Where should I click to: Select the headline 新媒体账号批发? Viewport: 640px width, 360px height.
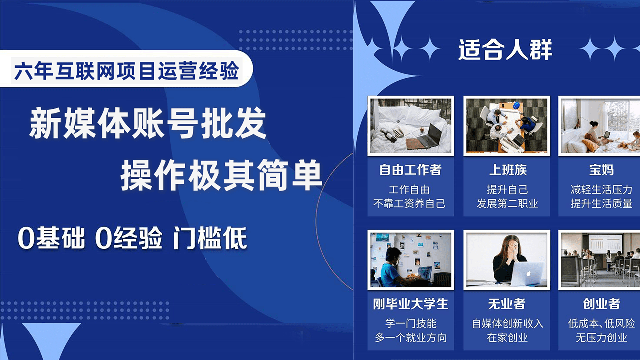(148, 124)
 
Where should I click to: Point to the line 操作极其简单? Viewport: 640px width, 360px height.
(221, 176)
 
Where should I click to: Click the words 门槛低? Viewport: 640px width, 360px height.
(210, 239)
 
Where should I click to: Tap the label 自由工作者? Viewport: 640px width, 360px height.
(410, 170)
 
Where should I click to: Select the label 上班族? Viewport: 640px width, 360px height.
(507, 170)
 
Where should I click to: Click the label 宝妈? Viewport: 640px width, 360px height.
(601, 170)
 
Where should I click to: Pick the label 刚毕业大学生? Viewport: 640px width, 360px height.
(410, 304)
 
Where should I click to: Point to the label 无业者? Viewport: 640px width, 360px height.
(507, 304)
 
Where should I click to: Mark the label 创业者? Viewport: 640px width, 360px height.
(601, 304)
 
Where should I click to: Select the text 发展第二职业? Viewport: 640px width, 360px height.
(507, 204)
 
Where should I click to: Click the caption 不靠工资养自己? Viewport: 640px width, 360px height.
(410, 204)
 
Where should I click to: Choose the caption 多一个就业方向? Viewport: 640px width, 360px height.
(410, 338)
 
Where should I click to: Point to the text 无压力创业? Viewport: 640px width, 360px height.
(601, 338)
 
